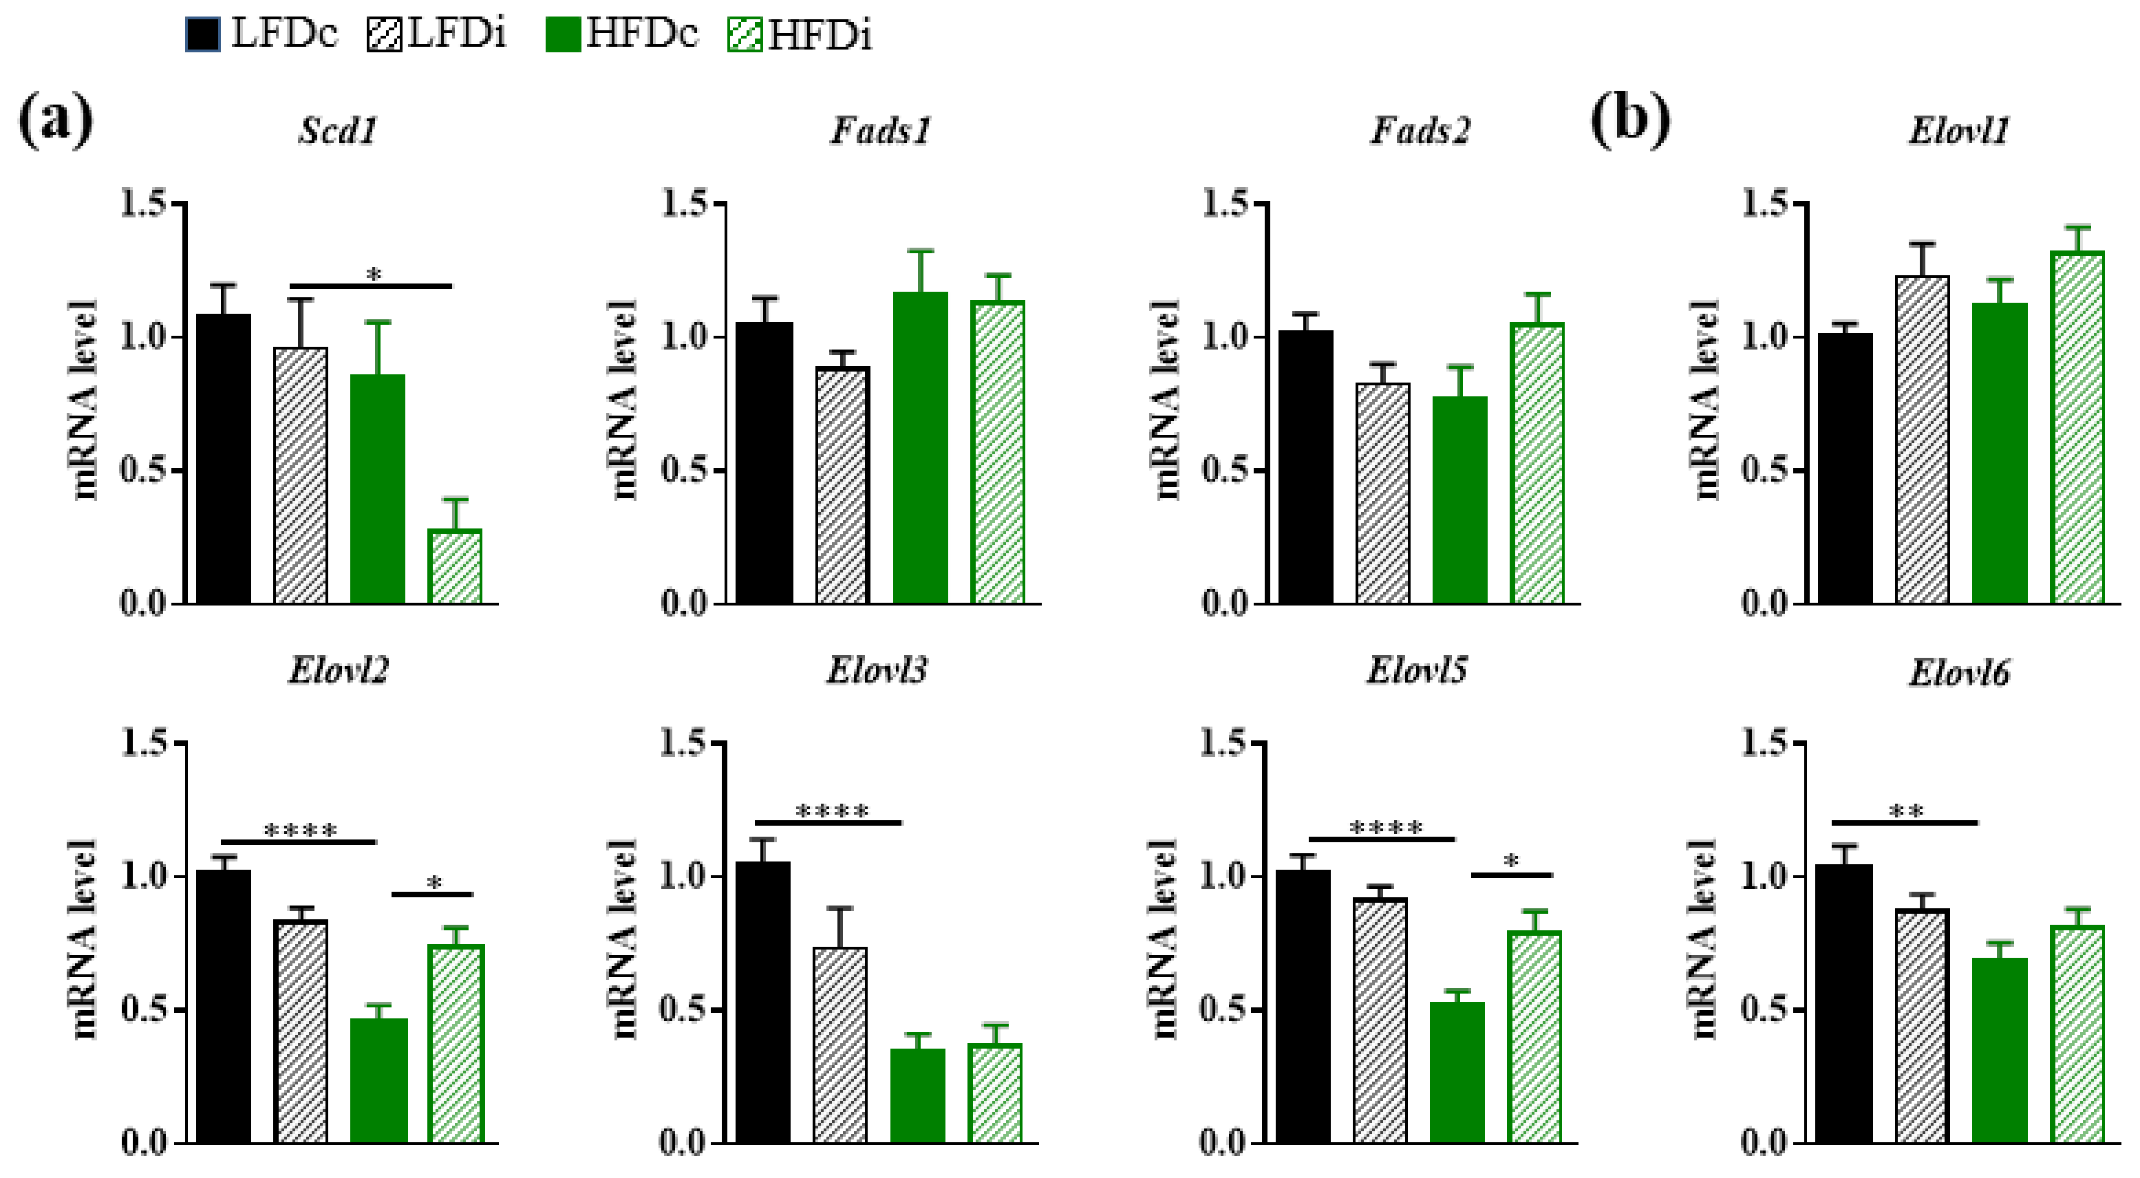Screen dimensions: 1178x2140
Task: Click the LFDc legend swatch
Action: point(203,36)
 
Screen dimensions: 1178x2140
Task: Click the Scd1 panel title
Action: point(338,131)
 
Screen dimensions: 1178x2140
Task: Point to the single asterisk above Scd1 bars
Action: point(374,274)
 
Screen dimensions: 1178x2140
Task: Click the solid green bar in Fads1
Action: point(919,449)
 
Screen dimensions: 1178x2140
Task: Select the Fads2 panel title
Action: point(1420,131)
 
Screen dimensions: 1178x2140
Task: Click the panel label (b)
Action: point(1630,120)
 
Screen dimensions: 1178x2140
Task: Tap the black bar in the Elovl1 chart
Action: point(1845,469)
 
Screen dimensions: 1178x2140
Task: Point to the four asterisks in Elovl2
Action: point(301,830)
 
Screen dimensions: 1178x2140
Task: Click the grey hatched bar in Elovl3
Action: point(841,1045)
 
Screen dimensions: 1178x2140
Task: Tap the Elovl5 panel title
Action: point(1417,670)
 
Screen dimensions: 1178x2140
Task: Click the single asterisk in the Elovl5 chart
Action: point(1512,861)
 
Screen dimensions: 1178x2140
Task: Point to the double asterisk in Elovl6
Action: point(1906,812)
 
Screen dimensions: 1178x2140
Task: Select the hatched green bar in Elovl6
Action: point(2077,1034)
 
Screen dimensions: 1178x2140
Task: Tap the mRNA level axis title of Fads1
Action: point(623,400)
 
